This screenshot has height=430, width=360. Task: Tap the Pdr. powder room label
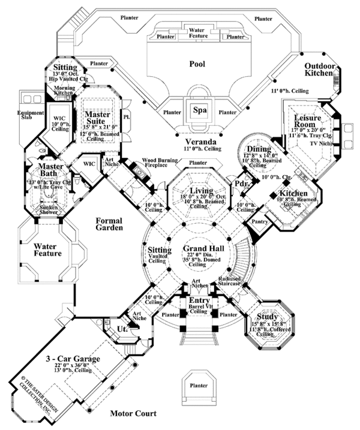[x=241, y=183]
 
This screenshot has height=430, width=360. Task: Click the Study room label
[x=266, y=317]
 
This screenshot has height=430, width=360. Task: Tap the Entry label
[x=199, y=300]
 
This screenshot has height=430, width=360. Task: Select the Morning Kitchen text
[x=64, y=90]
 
